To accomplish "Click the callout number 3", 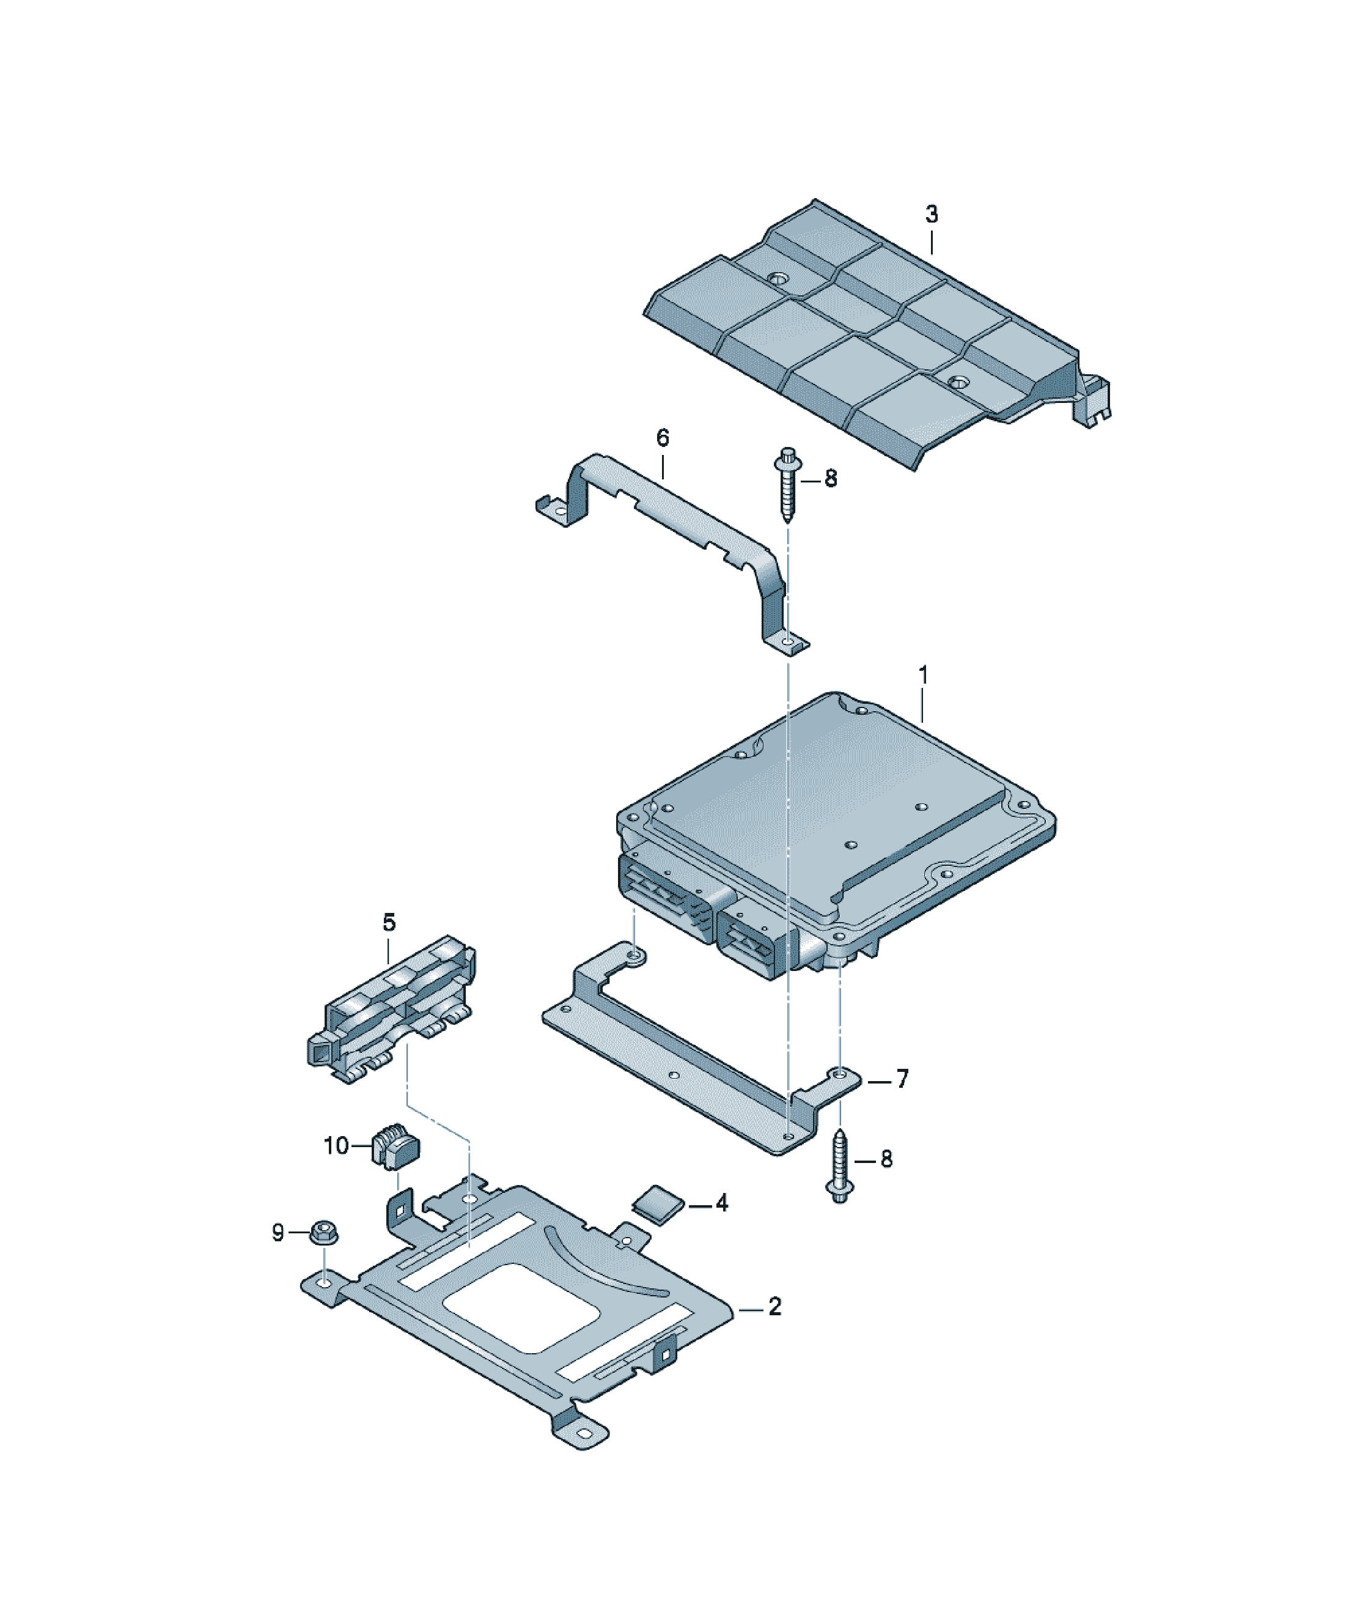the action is point(931,214).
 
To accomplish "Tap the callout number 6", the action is point(662,438).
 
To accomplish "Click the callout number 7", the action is point(902,1079).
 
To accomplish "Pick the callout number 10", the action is point(336,1145).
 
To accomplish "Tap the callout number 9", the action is point(278,1232).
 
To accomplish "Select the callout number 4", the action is point(721,1203).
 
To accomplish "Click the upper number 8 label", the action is point(831,479).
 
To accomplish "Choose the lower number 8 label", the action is point(886,1159).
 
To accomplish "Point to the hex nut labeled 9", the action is point(324,1232).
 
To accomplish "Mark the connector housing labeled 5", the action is point(391,1009).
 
